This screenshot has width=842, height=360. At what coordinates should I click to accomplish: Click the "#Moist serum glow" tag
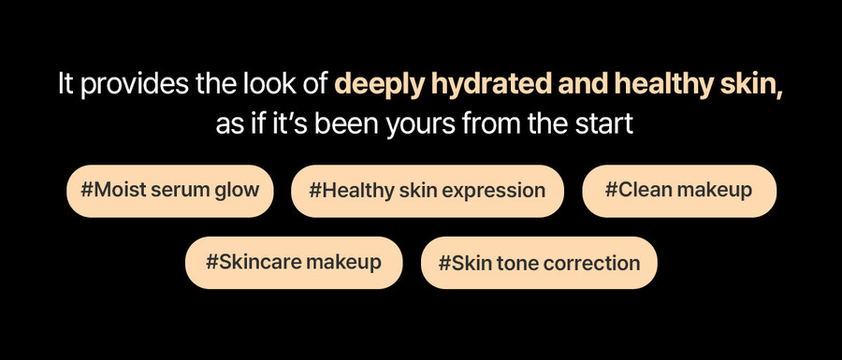(169, 191)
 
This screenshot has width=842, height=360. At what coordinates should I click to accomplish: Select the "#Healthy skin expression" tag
(428, 191)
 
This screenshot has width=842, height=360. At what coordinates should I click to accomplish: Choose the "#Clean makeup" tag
(679, 191)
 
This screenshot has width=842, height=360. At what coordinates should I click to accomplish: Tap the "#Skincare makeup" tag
(294, 263)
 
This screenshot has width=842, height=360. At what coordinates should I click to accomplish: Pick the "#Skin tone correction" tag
(539, 263)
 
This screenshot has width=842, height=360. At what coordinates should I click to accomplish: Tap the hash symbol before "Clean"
(612, 190)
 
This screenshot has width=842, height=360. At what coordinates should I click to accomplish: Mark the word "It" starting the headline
(65, 84)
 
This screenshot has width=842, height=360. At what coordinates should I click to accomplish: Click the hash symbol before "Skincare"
(212, 263)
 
